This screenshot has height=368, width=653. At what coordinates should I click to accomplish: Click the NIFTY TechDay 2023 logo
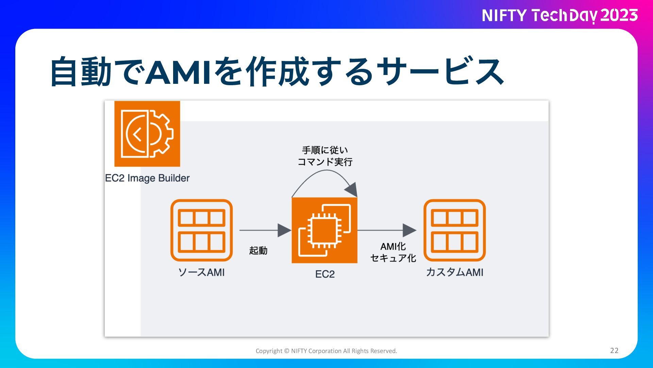pos(559,16)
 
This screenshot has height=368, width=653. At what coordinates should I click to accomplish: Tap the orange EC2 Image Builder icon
pos(147,134)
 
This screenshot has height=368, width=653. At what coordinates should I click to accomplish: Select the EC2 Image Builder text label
pos(147,178)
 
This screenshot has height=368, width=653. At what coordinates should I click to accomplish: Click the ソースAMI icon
pos(201,230)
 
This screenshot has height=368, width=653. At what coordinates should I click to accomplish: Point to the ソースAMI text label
pos(201,273)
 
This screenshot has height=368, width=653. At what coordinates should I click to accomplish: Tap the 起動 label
pos(258,251)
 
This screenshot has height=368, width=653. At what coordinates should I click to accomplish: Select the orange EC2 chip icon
pos(324,230)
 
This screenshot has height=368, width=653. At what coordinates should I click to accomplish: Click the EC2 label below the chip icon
pos(325,274)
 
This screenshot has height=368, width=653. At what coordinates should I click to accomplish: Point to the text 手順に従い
pos(325,150)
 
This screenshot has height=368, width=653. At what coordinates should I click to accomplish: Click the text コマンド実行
pos(325,162)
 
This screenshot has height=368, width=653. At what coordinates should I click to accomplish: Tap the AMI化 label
pos(393,246)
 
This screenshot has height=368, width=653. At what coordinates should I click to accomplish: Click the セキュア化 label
pos(393,258)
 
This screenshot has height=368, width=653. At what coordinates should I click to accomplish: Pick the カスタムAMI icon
pos(454,230)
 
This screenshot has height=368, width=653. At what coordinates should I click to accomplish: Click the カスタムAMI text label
pos(454,273)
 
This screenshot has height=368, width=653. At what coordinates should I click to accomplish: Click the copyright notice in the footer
pos(326,351)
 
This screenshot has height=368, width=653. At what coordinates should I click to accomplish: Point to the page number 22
pos(614,351)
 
